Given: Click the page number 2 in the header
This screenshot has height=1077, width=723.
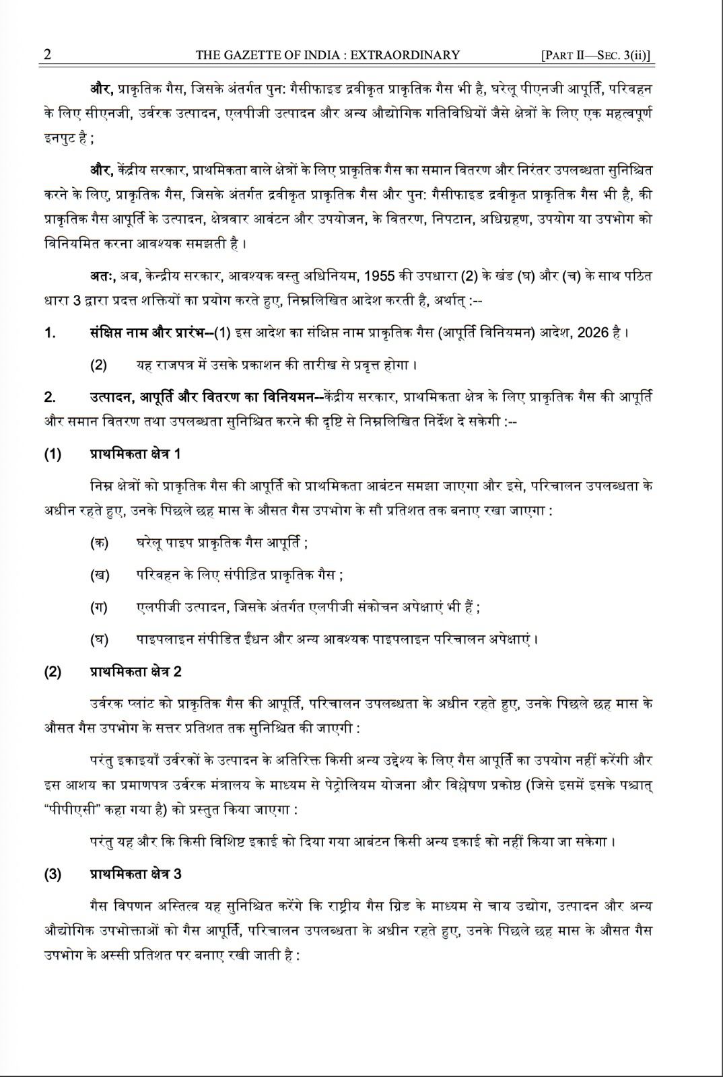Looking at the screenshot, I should point(47,55).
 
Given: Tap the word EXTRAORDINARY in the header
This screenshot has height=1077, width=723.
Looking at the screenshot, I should point(410,55).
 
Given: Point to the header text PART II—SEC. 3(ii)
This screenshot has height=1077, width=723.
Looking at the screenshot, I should point(597,55).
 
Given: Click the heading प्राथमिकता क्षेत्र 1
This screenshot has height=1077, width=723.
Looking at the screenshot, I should point(135,454).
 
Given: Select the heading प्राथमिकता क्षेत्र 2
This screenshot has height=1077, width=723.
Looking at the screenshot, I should point(135,671).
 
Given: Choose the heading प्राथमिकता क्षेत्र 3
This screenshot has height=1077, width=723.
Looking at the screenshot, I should point(135,874).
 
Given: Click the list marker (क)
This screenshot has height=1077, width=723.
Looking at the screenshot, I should point(99,543).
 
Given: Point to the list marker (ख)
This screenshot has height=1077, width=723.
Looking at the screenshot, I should point(99,575).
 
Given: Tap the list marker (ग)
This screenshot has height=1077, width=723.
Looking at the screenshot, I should point(99,607).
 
